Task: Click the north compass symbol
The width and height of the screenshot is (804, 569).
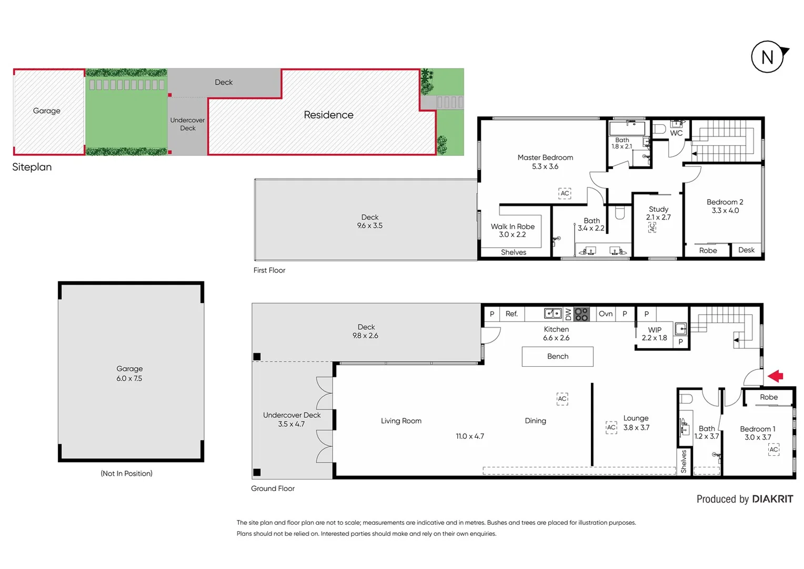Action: coord(768,56)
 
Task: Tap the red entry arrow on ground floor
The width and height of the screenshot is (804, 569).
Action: coord(776,376)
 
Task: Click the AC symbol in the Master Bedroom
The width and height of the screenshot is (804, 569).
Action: coord(565,193)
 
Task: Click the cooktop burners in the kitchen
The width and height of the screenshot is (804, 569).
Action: coord(581,314)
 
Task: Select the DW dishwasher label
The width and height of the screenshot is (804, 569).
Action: coord(568,315)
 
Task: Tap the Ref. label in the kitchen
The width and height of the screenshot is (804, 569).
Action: coord(511,314)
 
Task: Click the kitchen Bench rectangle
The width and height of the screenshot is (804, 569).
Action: coord(557,357)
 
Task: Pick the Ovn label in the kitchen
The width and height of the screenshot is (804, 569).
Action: coord(606,314)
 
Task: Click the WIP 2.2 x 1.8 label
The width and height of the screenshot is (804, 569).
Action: coord(655,333)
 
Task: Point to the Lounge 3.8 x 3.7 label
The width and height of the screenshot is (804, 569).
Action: coord(636,423)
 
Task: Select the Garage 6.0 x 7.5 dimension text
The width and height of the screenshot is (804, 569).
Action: coord(129,378)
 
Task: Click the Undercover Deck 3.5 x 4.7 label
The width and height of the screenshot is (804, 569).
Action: coord(292,419)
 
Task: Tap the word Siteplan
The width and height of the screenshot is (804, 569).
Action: coord(32,167)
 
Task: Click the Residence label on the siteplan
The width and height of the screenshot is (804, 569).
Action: coord(328,115)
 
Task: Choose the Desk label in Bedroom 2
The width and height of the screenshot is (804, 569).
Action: coord(746,250)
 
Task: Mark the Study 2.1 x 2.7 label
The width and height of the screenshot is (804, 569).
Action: coord(658,213)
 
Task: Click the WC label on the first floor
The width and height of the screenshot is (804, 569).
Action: coord(676,133)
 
